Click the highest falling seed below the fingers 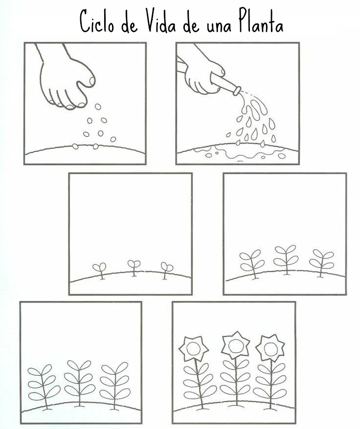[98, 107]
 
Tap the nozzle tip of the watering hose [237, 91]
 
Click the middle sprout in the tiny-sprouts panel [134, 268]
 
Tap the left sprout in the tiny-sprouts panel [99, 271]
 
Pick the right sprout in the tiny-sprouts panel [166, 270]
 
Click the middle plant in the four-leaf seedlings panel [286, 259]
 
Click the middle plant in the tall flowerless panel [79, 383]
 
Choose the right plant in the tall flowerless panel [115, 386]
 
